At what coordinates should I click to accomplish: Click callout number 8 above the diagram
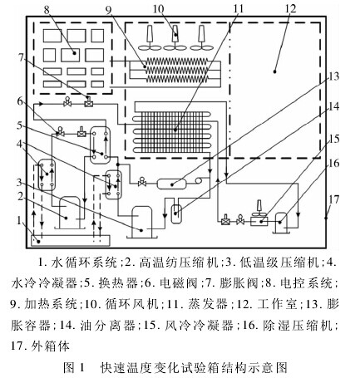click(x=47, y=9)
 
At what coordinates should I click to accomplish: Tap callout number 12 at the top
click(x=290, y=8)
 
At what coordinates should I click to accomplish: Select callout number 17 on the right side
click(x=333, y=199)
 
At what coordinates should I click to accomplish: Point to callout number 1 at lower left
click(x=19, y=221)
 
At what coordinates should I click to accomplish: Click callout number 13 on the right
click(x=334, y=76)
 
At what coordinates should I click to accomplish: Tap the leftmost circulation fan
click(x=150, y=38)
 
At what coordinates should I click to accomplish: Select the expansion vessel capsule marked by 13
click(x=172, y=184)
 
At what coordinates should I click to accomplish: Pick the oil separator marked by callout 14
click(x=176, y=214)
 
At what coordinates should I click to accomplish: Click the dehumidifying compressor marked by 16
click(x=281, y=223)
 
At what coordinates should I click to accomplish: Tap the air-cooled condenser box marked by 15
click(x=259, y=221)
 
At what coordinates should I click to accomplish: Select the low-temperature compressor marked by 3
click(x=141, y=222)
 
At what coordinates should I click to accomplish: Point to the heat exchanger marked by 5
click(x=101, y=144)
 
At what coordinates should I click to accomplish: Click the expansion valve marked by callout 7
click(x=89, y=102)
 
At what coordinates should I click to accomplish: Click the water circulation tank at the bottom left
click(x=70, y=240)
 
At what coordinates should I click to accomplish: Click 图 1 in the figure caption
click(x=74, y=367)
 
